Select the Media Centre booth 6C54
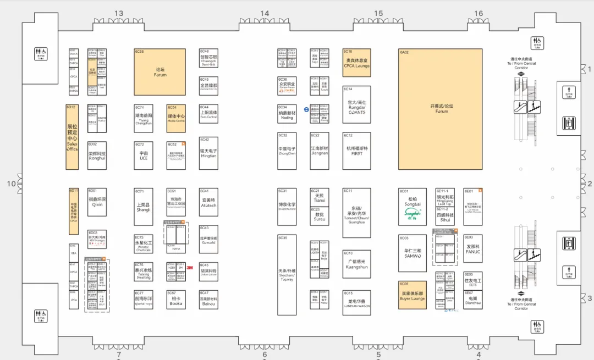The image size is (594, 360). (176, 118)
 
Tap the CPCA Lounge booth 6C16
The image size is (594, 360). (357, 62)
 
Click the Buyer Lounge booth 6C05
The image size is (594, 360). (412, 295)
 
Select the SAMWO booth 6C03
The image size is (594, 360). (413, 253)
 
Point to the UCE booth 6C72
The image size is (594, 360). (144, 155)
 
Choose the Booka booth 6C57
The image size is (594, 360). (176, 300)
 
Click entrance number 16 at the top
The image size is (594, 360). (479, 14)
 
